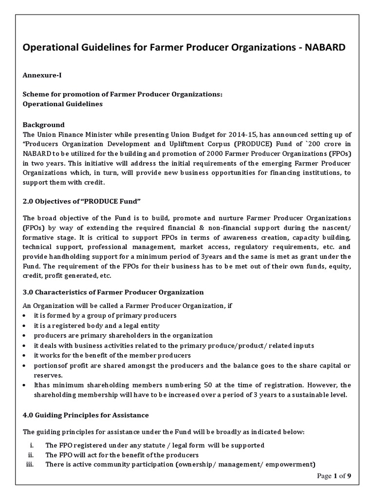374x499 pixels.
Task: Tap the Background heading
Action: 44,125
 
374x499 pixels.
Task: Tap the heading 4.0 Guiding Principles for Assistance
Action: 86,415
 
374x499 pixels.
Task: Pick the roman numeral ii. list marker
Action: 33,455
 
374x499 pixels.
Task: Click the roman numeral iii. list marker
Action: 32,464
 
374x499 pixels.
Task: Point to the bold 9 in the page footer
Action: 349,477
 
